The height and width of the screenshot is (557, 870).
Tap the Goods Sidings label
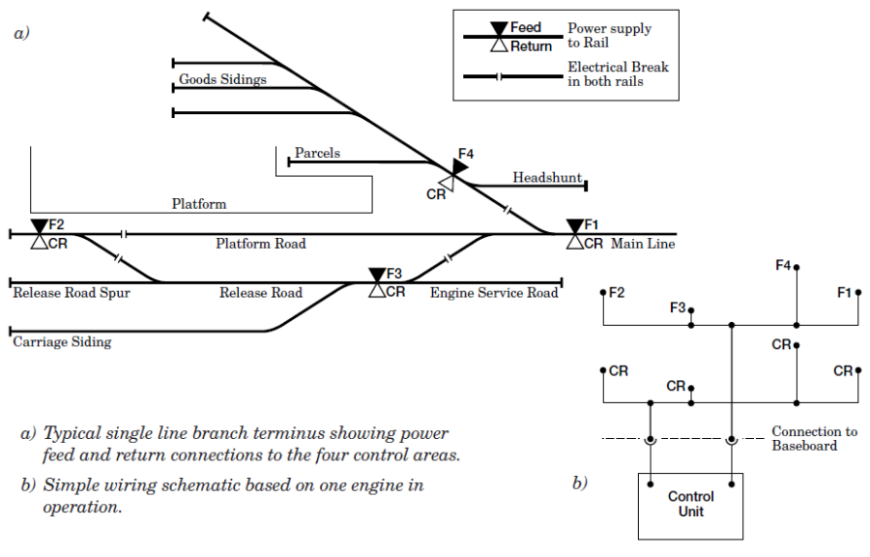(222, 79)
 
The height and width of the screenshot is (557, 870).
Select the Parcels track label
(317, 153)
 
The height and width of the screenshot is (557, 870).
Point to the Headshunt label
(547, 177)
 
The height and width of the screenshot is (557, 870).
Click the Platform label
(199, 204)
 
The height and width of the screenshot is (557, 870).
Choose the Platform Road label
(260, 244)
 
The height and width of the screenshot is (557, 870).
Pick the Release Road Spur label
(72, 292)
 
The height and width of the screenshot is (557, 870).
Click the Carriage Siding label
(62, 341)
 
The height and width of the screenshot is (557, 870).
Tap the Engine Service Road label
(494, 292)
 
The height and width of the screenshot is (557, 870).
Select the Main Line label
(643, 244)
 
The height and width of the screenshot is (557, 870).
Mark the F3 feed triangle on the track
(377, 276)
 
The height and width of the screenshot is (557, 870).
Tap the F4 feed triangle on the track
(459, 166)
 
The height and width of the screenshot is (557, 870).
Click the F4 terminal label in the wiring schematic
(783, 264)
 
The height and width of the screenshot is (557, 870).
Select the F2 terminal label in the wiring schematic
(617, 291)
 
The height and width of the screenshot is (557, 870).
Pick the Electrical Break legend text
(618, 74)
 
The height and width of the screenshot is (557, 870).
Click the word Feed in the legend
(526, 27)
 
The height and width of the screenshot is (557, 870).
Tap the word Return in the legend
(531, 45)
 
